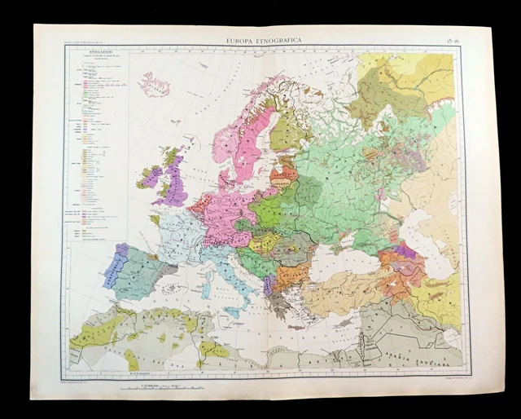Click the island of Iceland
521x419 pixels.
(155, 84)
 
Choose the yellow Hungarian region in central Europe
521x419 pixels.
(265, 242)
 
